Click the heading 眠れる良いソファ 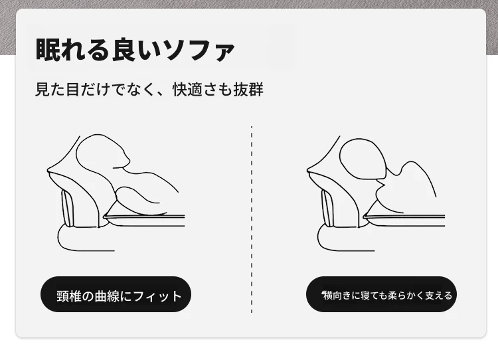pos(135,50)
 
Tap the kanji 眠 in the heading pos(48,50)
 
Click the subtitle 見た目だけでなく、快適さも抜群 pos(149,89)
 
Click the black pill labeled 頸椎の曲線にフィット pos(116,294)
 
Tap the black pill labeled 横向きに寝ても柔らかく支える pos(381,294)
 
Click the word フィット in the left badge pos(157,296)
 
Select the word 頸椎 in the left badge pos(69,296)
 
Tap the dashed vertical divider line pos(252,219)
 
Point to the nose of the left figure pos(127,158)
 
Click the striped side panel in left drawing pos(68,208)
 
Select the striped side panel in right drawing pos(328,208)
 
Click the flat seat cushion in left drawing pos(145,219)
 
